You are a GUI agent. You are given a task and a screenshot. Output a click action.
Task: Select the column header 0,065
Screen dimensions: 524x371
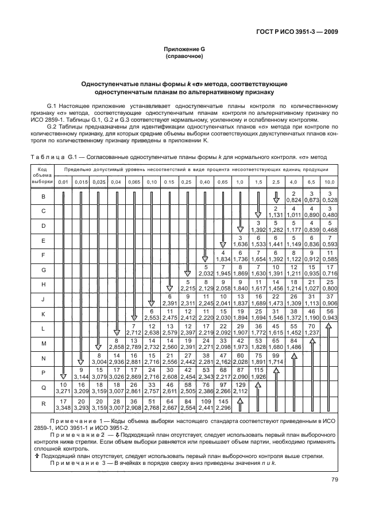pyautogui.click(x=134, y=181)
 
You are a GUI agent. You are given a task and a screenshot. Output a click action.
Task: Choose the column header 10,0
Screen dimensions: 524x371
pyautogui.click(x=330, y=181)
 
